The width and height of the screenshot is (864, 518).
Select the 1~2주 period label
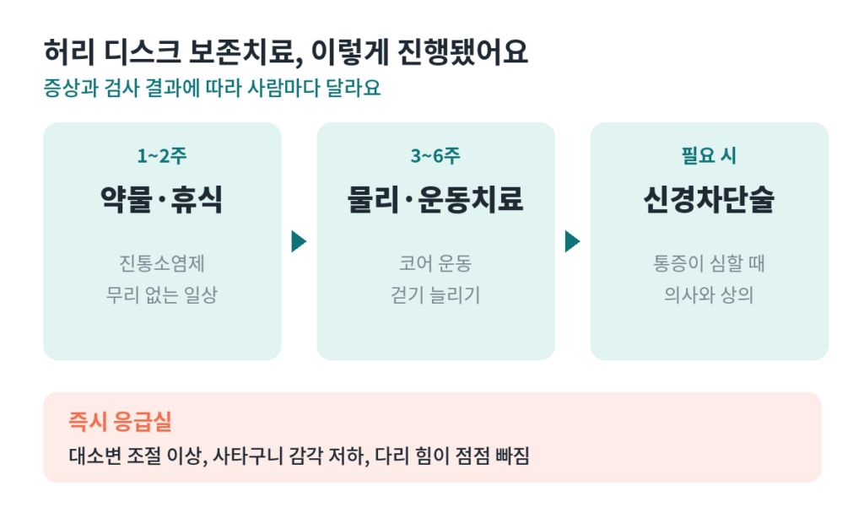(x=162, y=156)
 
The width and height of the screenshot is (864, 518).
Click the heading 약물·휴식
(x=162, y=199)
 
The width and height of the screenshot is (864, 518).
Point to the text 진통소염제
(x=162, y=263)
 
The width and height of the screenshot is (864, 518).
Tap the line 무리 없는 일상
(x=162, y=294)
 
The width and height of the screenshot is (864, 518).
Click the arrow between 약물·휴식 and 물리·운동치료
(x=299, y=241)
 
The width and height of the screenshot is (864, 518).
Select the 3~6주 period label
(x=435, y=156)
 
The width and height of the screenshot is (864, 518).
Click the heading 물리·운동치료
(x=435, y=199)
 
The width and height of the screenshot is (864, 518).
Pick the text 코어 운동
(x=435, y=263)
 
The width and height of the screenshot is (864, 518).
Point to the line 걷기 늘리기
(x=435, y=294)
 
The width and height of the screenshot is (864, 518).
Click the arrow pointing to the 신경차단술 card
(x=573, y=241)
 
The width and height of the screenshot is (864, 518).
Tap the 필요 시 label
(x=709, y=156)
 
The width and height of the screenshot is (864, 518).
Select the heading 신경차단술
(x=709, y=199)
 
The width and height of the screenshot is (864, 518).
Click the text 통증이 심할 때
(x=709, y=263)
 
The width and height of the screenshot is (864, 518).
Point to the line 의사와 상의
(x=709, y=294)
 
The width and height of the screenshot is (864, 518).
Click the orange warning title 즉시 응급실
(x=120, y=422)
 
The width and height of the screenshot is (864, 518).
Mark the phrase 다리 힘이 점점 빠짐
(x=452, y=456)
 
